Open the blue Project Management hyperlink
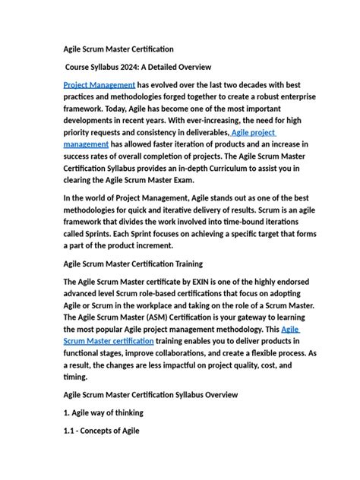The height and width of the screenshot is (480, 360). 99,85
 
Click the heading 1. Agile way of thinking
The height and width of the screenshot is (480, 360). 103,412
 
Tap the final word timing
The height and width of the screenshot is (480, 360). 75,377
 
